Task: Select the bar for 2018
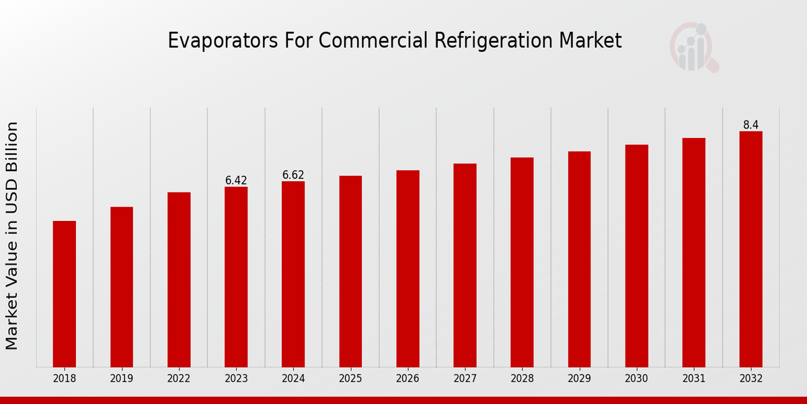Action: (x=65, y=294)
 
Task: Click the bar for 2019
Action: (x=122, y=287)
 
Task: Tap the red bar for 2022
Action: (x=179, y=279)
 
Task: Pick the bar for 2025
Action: (x=350, y=271)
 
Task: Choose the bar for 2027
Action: (x=465, y=265)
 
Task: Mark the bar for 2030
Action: (x=636, y=256)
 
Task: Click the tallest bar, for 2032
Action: (x=751, y=249)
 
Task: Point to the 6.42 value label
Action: (x=236, y=180)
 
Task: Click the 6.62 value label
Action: (x=293, y=175)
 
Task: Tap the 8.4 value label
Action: (x=751, y=125)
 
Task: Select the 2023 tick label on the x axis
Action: (x=236, y=379)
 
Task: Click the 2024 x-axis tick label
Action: (x=293, y=379)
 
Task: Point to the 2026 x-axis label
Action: (x=408, y=379)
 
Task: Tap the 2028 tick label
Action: (x=522, y=379)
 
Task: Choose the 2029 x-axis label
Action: (x=579, y=379)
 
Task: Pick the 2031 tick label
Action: (x=693, y=379)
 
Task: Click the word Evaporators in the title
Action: (x=206, y=41)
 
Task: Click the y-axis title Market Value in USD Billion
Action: (x=12, y=236)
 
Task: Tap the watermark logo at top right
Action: (x=693, y=47)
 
